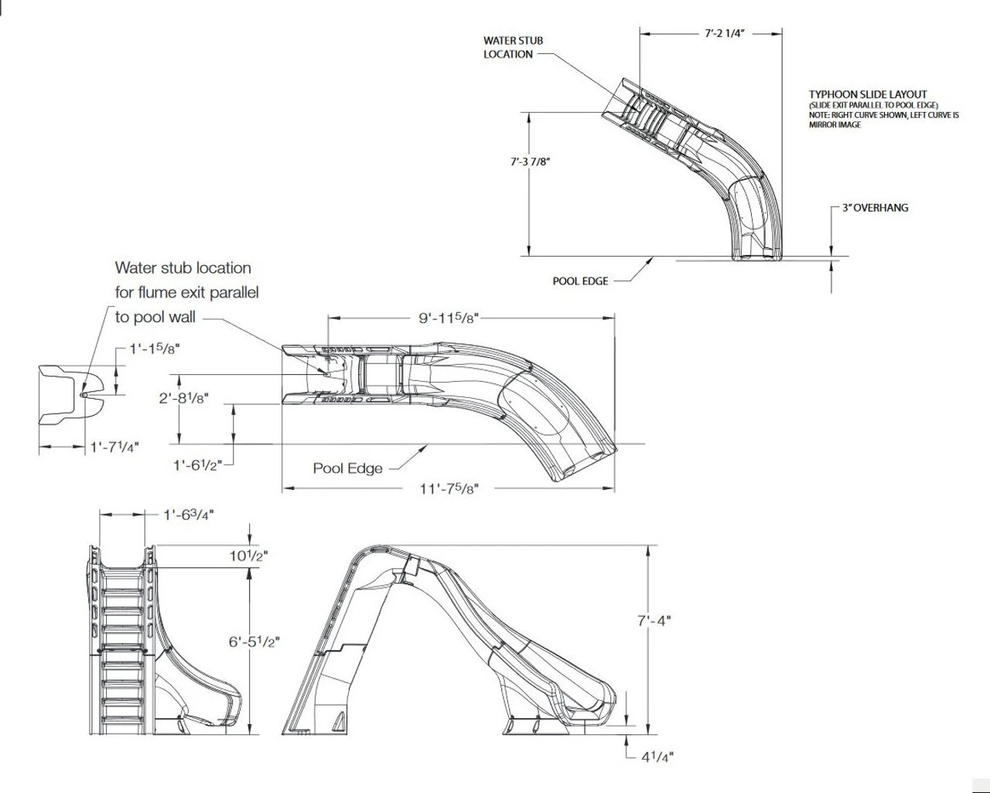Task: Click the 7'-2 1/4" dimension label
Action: point(725,34)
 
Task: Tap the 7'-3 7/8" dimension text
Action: point(530,162)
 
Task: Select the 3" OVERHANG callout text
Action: point(875,208)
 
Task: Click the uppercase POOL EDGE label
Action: point(580,281)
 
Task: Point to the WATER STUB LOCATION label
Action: point(514,47)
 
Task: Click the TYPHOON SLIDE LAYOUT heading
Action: point(868,94)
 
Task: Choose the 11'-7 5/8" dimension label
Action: point(451,488)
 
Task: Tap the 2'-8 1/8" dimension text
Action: point(184,398)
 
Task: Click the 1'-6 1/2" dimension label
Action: point(197,465)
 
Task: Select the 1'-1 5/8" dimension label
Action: point(155,349)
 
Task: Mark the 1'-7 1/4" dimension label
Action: point(114,447)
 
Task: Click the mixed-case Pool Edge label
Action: point(347,468)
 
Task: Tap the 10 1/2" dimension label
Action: point(249,556)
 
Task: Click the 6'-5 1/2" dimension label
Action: point(254,642)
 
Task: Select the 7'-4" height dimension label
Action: point(654,620)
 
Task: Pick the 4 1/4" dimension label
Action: point(657,757)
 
